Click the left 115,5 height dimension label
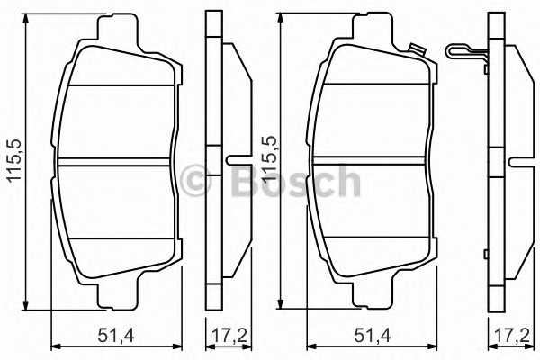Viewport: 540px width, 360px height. [x=14, y=160]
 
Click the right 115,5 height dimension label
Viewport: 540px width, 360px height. [x=269, y=158]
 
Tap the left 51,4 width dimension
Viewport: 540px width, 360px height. [x=115, y=335]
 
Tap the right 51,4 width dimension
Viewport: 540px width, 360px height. [x=373, y=335]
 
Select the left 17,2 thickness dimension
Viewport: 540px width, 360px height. [x=229, y=335]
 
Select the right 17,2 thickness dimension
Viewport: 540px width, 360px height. [x=512, y=335]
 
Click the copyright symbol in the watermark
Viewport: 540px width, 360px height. [x=195, y=181]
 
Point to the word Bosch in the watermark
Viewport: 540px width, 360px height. [x=296, y=182]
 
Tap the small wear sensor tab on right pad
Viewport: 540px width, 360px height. [x=417, y=49]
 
